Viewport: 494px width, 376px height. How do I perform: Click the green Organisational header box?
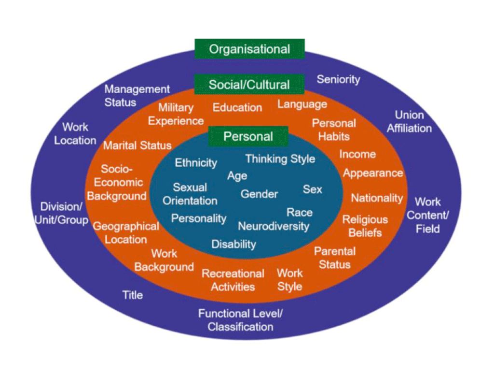tap(249, 49)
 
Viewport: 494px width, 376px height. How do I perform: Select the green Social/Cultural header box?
tap(249, 85)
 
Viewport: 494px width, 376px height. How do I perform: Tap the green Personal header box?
tap(248, 136)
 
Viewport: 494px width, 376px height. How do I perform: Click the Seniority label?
tap(338, 79)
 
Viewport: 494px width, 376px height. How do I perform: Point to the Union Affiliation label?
tap(409, 122)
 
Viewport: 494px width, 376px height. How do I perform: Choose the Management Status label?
tap(137, 96)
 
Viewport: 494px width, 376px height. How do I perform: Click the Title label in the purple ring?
tap(132, 295)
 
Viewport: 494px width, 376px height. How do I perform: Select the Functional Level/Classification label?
tap(240, 320)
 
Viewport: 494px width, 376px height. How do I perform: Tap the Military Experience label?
tap(176, 114)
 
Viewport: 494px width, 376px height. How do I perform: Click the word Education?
tap(237, 107)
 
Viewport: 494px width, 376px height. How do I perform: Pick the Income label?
tap(357, 154)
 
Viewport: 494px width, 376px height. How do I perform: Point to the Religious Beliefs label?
tap(365, 226)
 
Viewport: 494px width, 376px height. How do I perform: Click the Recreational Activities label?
tap(233, 280)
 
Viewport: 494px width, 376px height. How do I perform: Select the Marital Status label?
tap(137, 145)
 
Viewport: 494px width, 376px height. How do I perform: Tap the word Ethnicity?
tap(196, 162)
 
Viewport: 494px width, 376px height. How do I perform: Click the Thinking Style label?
tap(280, 159)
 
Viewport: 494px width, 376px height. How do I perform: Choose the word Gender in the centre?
tap(260, 194)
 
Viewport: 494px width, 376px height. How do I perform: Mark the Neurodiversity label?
tap(274, 226)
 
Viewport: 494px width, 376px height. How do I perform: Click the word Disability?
tap(233, 244)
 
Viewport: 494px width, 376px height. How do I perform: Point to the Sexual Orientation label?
tap(190, 194)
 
